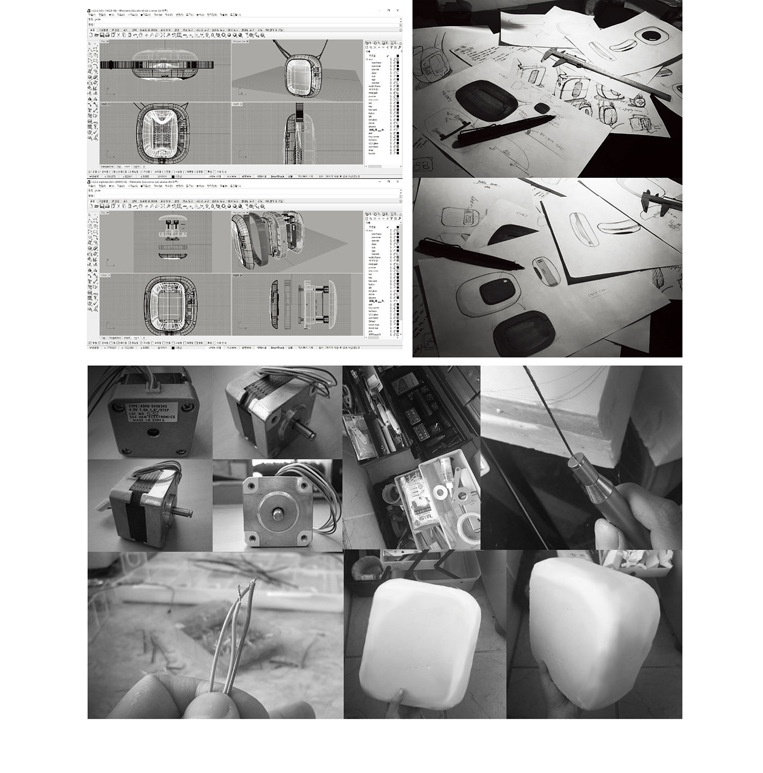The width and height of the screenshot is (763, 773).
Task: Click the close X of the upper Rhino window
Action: (398, 10)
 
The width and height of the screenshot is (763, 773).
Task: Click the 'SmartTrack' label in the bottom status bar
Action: (278, 347)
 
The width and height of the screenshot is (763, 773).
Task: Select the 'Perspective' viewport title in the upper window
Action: (239, 41)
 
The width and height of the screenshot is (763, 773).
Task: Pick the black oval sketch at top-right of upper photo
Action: (651, 37)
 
